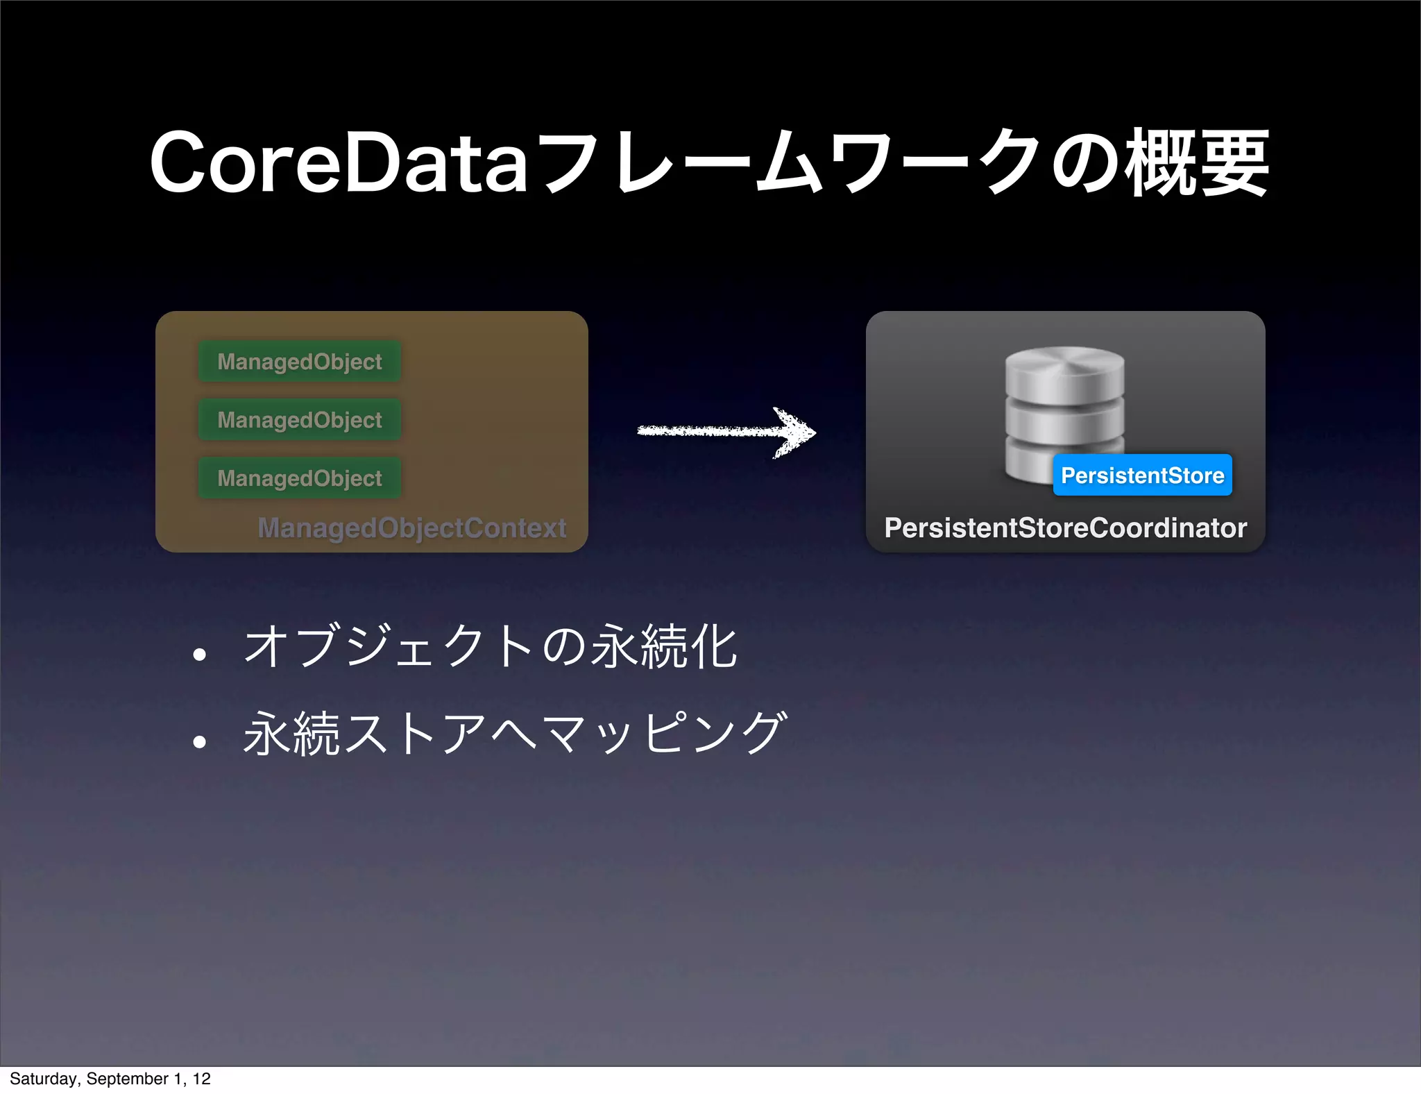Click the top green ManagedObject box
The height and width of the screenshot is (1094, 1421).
(300, 361)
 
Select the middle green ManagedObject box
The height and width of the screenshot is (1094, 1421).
(300, 419)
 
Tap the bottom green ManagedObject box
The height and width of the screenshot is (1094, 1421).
(300, 478)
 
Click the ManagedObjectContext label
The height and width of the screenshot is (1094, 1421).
(412, 528)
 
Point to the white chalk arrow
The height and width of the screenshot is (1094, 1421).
(715, 431)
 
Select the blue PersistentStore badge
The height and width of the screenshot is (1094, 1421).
(1142, 476)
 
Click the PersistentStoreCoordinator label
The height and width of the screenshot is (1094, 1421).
(1065, 528)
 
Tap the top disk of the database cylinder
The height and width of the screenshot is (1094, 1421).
(1064, 368)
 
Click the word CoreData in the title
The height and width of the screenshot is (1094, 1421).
(339, 164)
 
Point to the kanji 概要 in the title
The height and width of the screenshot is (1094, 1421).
(1196, 164)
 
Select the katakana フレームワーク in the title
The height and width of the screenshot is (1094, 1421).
(788, 164)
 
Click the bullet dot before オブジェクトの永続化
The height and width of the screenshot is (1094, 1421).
(200, 655)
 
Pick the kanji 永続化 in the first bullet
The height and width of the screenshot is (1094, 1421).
(665, 646)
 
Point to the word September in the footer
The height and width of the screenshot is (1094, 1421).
(127, 1079)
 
